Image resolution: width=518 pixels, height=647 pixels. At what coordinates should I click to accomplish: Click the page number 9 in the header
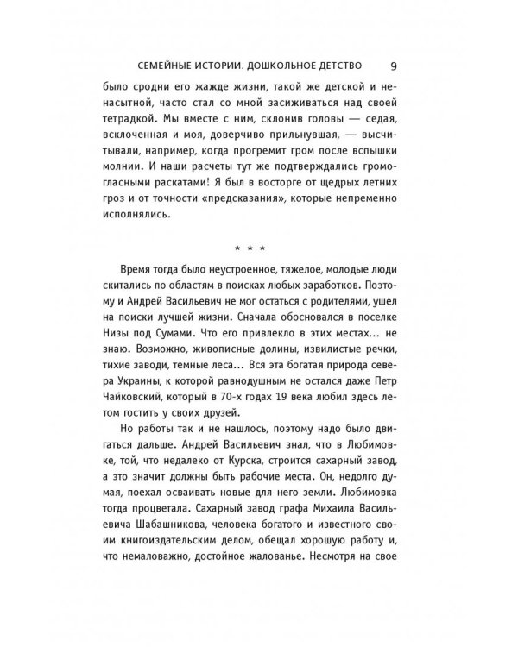(x=393, y=64)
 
